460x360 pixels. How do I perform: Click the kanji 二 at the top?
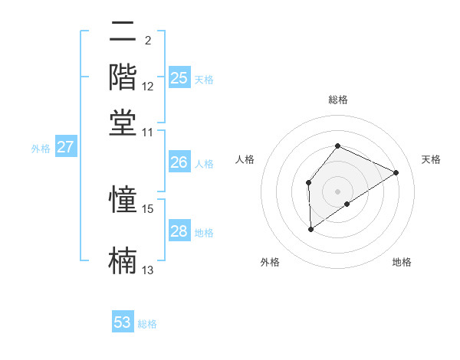click(123, 32)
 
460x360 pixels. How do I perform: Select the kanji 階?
click(123, 77)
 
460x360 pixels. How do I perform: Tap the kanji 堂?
click(123, 123)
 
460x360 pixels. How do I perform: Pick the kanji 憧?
click(123, 200)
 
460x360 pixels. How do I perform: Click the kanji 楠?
click(123, 260)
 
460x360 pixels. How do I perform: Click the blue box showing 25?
click(179, 78)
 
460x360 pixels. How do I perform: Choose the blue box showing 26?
click(179, 162)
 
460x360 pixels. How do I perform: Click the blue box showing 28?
click(179, 231)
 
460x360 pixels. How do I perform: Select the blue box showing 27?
click(65, 147)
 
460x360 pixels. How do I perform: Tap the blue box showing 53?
click(123, 322)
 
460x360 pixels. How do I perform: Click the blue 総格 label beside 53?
click(148, 324)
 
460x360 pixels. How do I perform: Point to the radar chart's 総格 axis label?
click(337, 100)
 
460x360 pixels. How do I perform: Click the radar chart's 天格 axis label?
click(431, 159)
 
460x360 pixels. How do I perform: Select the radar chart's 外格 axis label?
click(270, 262)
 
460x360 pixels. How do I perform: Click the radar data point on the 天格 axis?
click(396, 172)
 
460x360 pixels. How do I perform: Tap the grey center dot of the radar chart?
click(337, 191)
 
